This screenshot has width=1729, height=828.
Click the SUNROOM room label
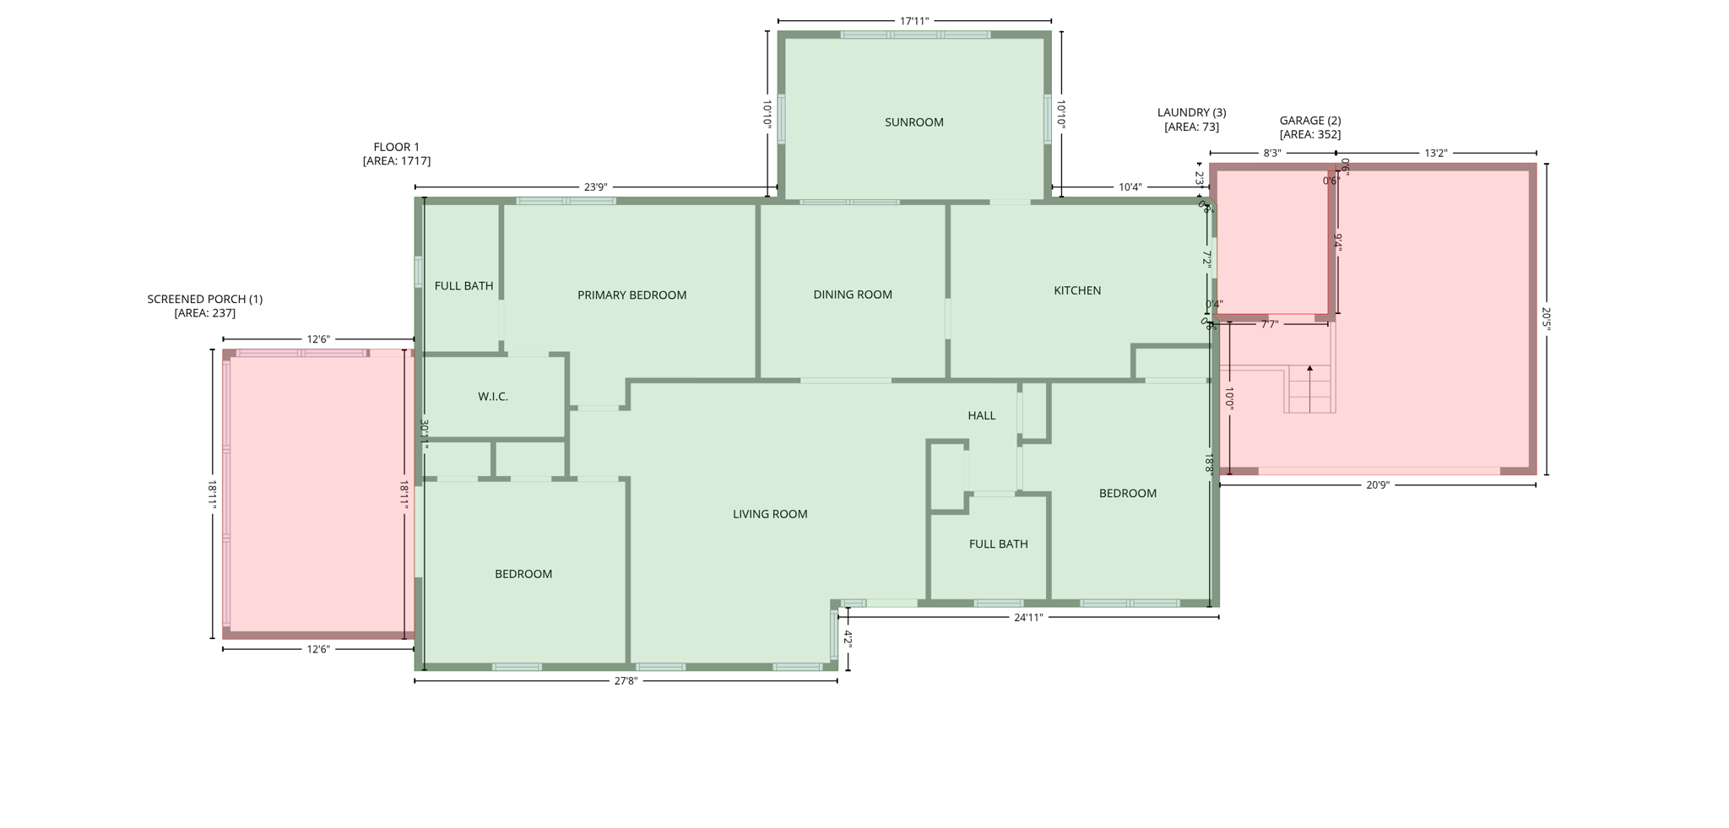[x=913, y=122]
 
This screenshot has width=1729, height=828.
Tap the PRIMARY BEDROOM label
[x=631, y=295]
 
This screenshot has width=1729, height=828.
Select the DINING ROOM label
[x=852, y=295]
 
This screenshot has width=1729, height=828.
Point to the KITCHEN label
[x=1076, y=290]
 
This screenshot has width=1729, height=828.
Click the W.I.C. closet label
[x=492, y=397]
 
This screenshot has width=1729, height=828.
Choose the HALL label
[x=981, y=415]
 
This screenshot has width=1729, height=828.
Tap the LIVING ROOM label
[x=769, y=514]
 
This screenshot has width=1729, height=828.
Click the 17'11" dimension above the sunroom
[x=913, y=21]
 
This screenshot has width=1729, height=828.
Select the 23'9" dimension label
[x=595, y=187]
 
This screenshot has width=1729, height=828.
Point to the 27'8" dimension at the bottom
[x=625, y=681]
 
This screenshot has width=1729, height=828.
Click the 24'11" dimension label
[x=1027, y=618]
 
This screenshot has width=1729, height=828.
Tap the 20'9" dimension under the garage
[x=1377, y=485]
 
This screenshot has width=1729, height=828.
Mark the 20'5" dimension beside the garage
[x=1546, y=319]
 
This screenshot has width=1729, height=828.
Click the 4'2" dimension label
[x=848, y=639]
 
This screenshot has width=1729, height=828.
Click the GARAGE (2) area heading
[x=1309, y=127]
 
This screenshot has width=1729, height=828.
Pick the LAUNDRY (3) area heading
[x=1191, y=119]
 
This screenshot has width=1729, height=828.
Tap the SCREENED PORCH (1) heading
[x=204, y=306]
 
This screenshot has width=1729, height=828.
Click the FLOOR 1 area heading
[x=396, y=154]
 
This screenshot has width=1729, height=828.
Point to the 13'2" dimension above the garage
[x=1435, y=154]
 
